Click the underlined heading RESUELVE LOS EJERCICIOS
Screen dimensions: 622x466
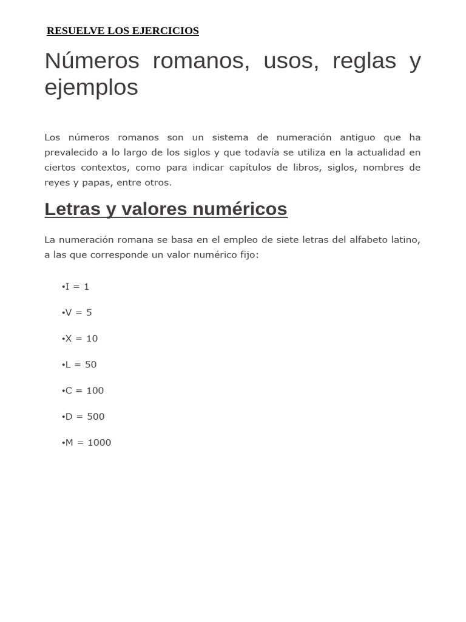(123, 31)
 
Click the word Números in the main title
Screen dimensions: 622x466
(92, 61)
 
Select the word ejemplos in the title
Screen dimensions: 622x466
(91, 87)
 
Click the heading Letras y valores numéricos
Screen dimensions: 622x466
(166, 209)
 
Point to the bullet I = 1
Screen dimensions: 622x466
(75, 287)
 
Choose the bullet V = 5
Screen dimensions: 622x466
(77, 313)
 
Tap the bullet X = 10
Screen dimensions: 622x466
(79, 339)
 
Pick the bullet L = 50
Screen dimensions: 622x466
(79, 365)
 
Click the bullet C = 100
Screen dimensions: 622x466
(83, 391)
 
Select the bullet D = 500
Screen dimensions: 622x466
(83, 417)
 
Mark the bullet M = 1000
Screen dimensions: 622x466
(86, 443)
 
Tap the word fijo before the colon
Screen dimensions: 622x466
(247, 255)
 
